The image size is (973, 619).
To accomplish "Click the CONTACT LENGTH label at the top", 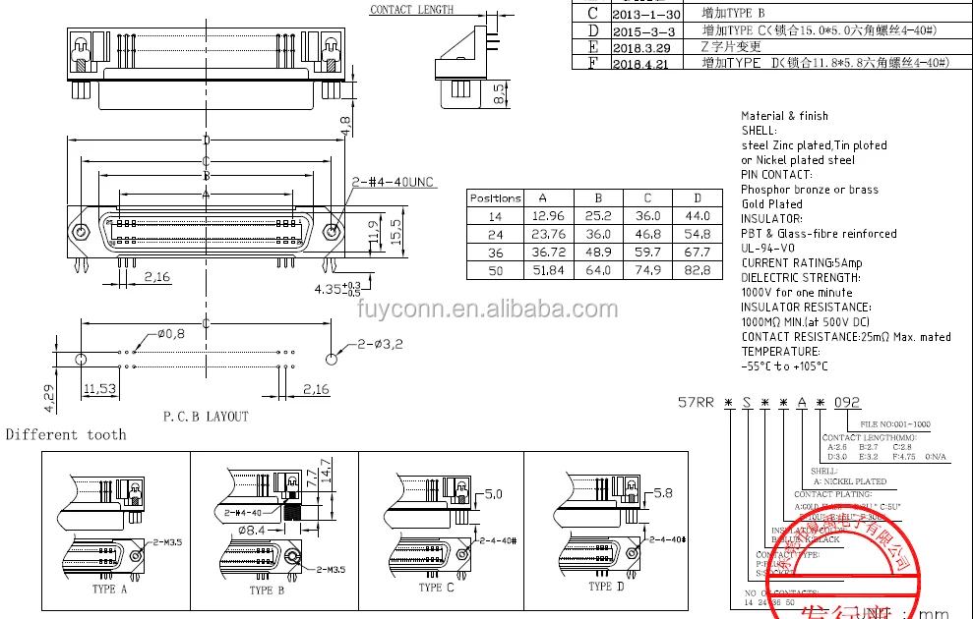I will pyautogui.click(x=411, y=10).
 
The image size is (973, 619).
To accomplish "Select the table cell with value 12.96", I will pyautogui.click(x=547, y=215).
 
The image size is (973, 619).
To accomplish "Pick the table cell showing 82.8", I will pyautogui.click(x=697, y=269).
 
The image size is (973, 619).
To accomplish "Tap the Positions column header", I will pyautogui.click(x=495, y=197).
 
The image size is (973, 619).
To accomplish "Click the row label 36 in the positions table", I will pyautogui.click(x=495, y=252).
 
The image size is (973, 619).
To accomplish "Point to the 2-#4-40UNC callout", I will pyautogui.click(x=394, y=183).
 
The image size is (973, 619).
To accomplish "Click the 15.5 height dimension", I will pyautogui.click(x=395, y=231).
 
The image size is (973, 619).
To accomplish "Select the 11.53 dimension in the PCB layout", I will pyautogui.click(x=100, y=390).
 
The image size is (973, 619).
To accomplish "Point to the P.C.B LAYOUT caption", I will pyautogui.click(x=206, y=417).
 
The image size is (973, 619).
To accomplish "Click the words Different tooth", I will pyautogui.click(x=66, y=434).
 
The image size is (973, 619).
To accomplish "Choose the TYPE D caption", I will pyautogui.click(x=606, y=587).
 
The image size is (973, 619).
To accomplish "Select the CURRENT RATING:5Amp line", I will pyautogui.click(x=801, y=263).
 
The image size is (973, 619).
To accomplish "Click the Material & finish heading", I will pyautogui.click(x=784, y=116).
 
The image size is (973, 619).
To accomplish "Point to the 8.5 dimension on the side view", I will pyautogui.click(x=499, y=94).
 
